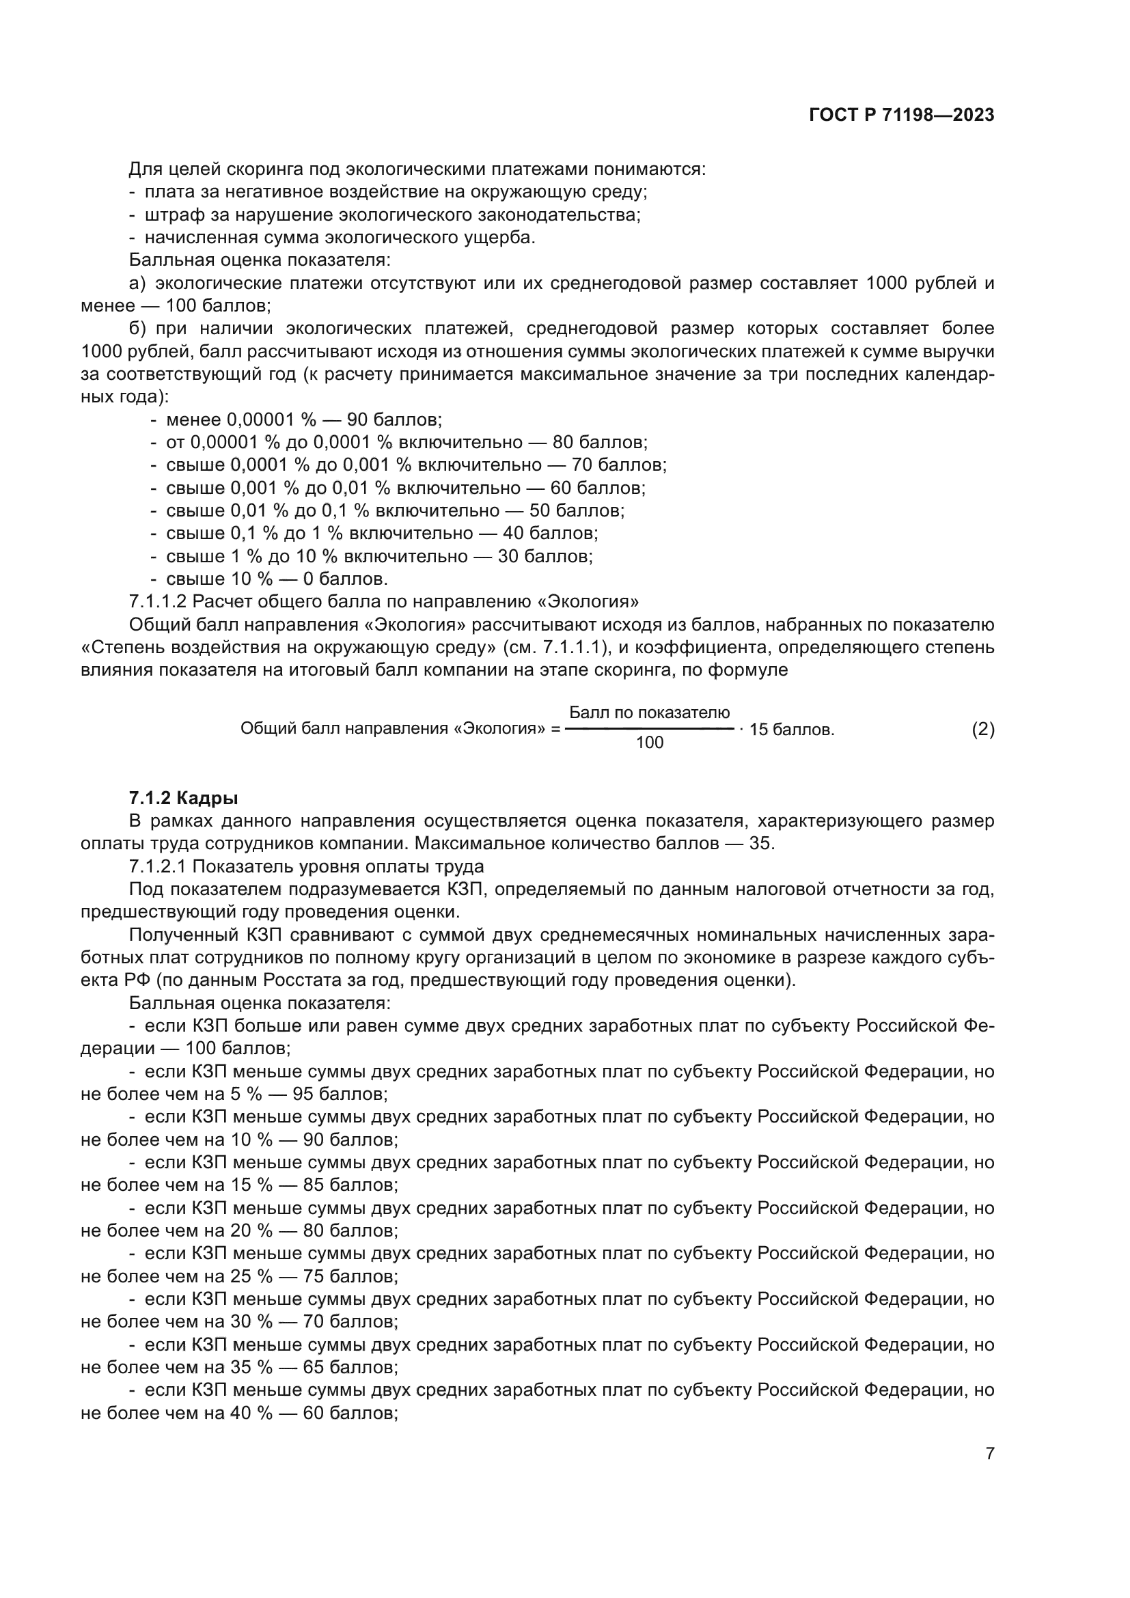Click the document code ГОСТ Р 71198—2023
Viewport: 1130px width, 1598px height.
pos(901,115)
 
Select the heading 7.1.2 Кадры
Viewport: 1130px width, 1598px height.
pos(184,797)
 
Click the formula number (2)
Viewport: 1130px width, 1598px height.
pos(982,730)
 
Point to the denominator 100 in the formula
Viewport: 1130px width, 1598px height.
pos(649,743)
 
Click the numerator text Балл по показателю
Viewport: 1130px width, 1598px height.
pos(649,713)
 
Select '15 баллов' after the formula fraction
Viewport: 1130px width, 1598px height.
pos(791,730)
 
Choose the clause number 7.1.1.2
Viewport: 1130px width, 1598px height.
pos(158,601)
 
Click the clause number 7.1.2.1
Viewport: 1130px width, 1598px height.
pos(158,866)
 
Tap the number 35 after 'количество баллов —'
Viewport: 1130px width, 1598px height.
pos(761,844)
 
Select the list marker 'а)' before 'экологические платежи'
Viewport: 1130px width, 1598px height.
pos(137,284)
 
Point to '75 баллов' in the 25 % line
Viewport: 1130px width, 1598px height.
pos(350,1276)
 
